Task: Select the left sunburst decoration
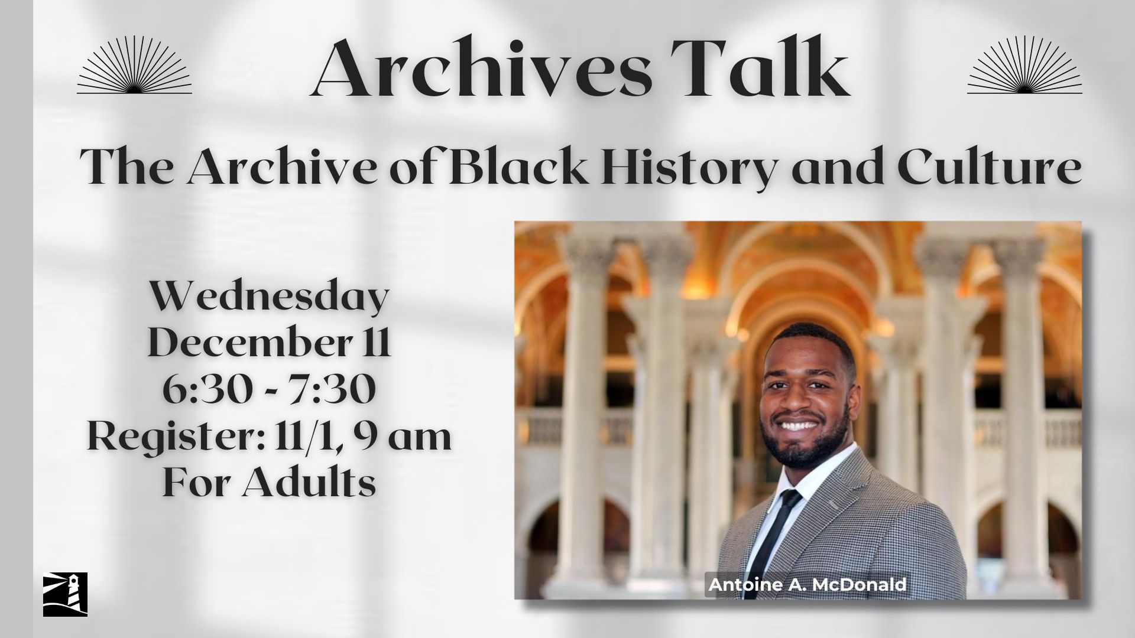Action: pyautogui.click(x=134, y=64)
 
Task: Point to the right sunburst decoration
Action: pyautogui.click(x=1024, y=64)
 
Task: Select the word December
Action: pyautogui.click(x=248, y=343)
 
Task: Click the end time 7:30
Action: pyautogui.click(x=339, y=390)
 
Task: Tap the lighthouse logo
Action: pyautogui.click(x=65, y=594)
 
